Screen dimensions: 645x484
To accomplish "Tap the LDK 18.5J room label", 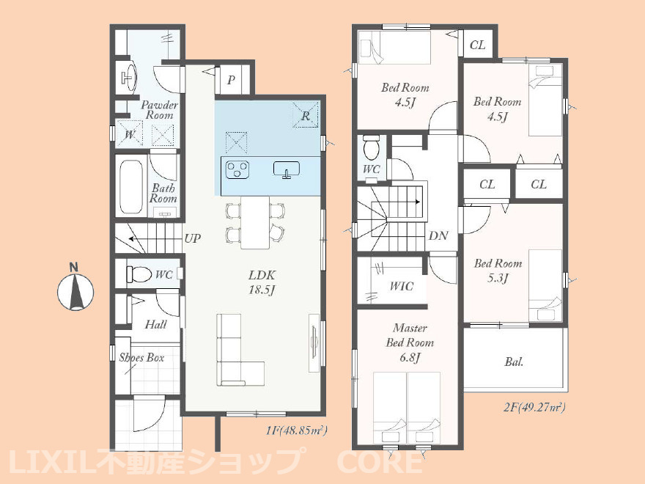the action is pyautogui.click(x=262, y=282).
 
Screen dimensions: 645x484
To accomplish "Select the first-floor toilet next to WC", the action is pyautogui.click(x=139, y=274).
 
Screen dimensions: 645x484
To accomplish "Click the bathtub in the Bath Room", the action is pyautogui.click(x=131, y=186).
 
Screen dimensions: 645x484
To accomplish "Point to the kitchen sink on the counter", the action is pyautogui.click(x=287, y=170).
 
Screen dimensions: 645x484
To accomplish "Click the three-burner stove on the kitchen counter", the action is pyautogui.click(x=237, y=169).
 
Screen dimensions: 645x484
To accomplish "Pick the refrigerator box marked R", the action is pyautogui.click(x=305, y=114).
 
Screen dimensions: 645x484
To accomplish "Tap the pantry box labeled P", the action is pyautogui.click(x=231, y=79).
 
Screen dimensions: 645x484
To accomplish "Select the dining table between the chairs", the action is pyautogui.click(x=255, y=222).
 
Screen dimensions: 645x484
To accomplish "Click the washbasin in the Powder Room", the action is pyautogui.click(x=129, y=78).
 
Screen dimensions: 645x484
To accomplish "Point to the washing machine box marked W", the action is pyautogui.click(x=129, y=133).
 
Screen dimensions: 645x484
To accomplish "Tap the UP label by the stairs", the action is pyautogui.click(x=192, y=238).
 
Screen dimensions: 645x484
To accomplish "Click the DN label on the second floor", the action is pyautogui.click(x=438, y=236).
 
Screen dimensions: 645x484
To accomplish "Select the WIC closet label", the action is pyautogui.click(x=401, y=286).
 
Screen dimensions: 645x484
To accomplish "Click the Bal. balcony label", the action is pyautogui.click(x=514, y=362).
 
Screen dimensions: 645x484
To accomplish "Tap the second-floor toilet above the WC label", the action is pyautogui.click(x=372, y=148).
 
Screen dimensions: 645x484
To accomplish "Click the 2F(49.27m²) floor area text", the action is pyautogui.click(x=534, y=408).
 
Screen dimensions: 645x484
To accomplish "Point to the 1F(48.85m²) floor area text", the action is pyautogui.click(x=296, y=431).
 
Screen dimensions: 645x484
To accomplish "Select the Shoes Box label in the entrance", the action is pyautogui.click(x=141, y=358).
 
